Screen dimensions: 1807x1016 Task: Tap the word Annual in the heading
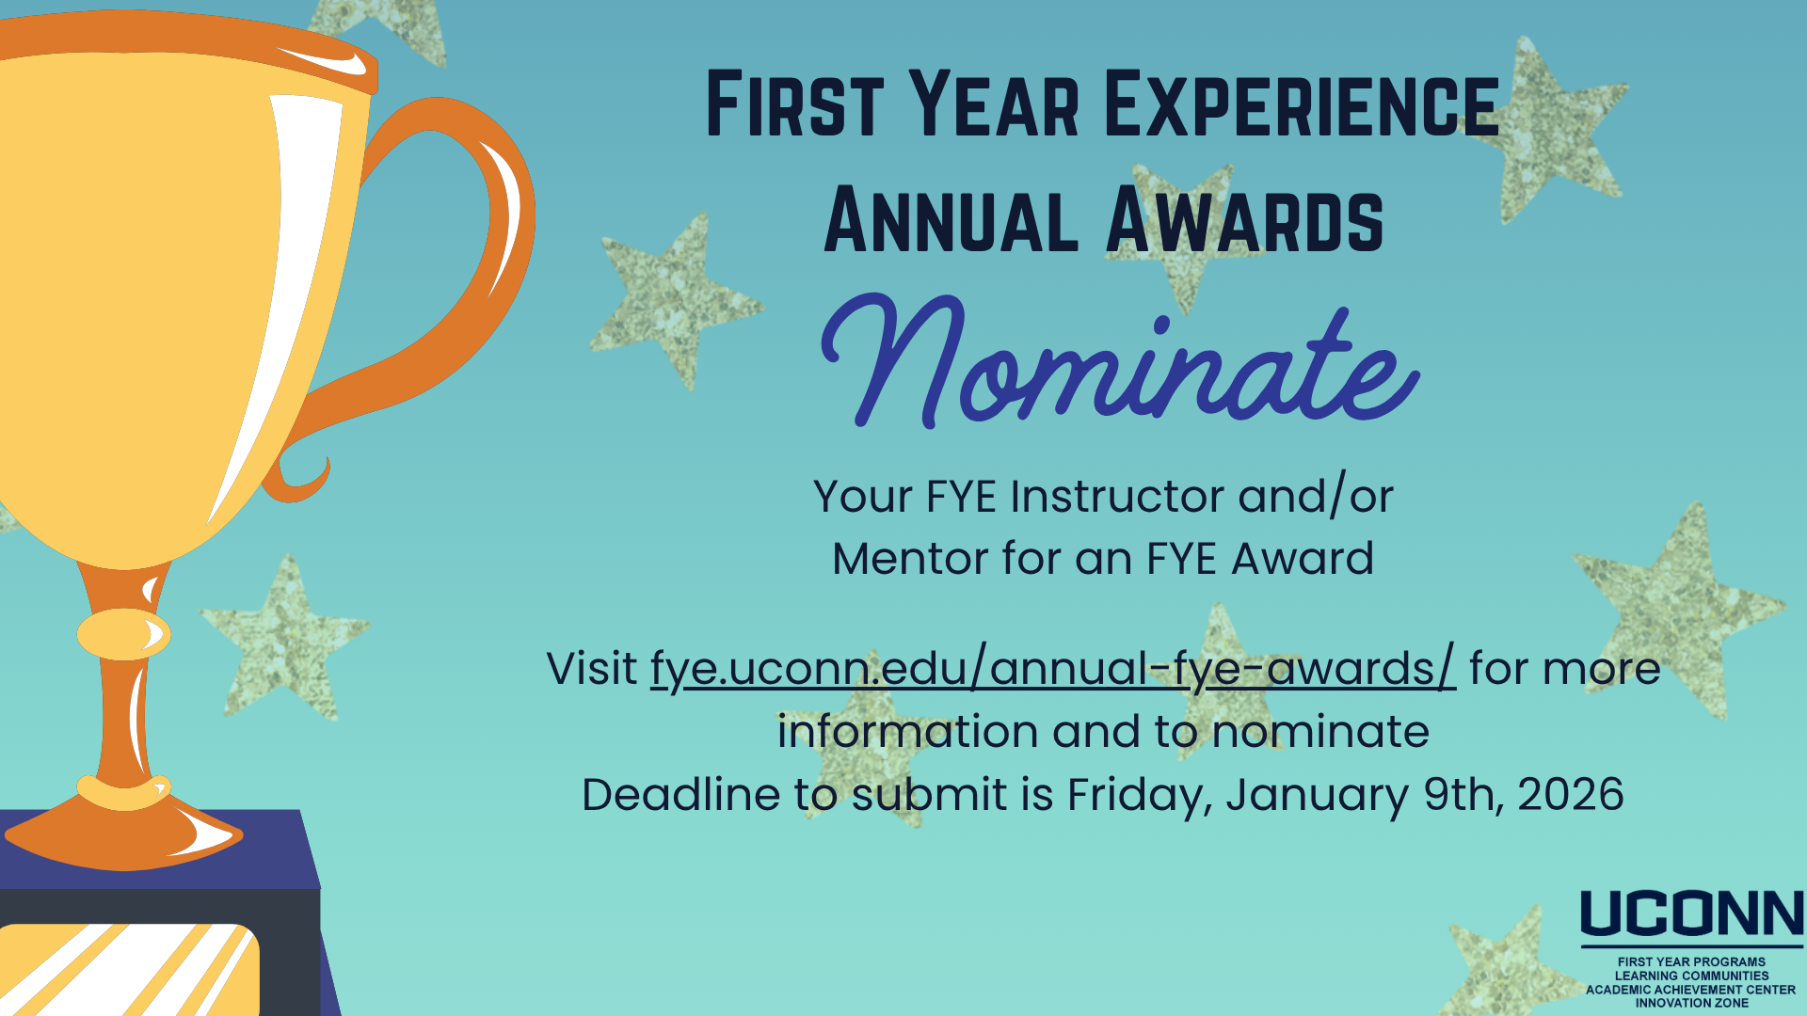[951, 220]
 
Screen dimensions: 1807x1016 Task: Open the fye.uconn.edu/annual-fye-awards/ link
[1053, 669]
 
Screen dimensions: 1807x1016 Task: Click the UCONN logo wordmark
[1692, 913]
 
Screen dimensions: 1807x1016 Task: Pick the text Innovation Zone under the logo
[1691, 1003]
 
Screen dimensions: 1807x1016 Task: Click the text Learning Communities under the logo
[1691, 976]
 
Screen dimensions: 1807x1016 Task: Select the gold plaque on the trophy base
[127, 969]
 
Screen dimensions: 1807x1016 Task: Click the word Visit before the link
[592, 669]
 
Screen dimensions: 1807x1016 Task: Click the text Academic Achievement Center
[1691, 990]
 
